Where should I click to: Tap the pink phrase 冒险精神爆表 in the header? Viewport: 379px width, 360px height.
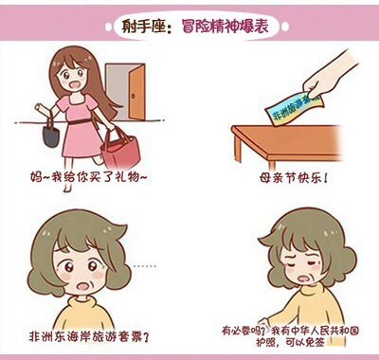pos(225,26)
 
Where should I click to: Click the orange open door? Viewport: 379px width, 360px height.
pos(137,92)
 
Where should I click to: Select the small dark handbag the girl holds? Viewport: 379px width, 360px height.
pos(51,136)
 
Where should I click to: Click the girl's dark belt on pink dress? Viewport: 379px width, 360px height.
pos(80,121)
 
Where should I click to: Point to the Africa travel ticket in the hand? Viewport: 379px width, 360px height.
pos(294,109)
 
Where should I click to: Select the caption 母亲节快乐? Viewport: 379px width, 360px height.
pos(294,178)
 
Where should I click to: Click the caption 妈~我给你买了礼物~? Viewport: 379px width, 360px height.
pos(89,177)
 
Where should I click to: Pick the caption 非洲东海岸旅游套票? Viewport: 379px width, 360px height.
pos(89,337)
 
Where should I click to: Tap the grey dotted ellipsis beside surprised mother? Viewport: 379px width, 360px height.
pos(145,266)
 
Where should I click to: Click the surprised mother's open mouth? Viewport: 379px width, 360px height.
pos(83,286)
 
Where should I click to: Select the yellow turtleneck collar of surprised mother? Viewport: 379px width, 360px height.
pos(82,302)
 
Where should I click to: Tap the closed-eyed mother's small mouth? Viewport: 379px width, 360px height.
pos(304,279)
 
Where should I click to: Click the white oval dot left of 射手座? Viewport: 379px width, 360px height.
pos(109,27)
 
